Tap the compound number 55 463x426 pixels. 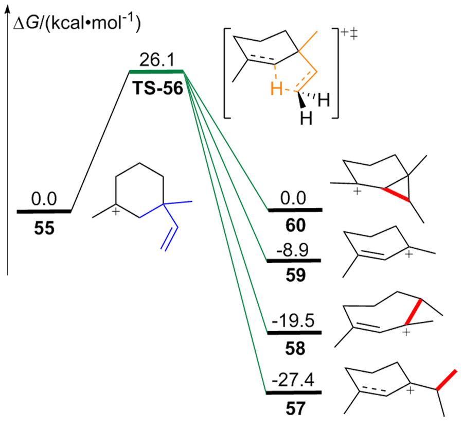(x=44, y=228)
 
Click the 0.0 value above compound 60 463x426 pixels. (x=294, y=198)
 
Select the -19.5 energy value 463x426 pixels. (x=294, y=322)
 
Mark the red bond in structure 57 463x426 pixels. (x=446, y=380)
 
